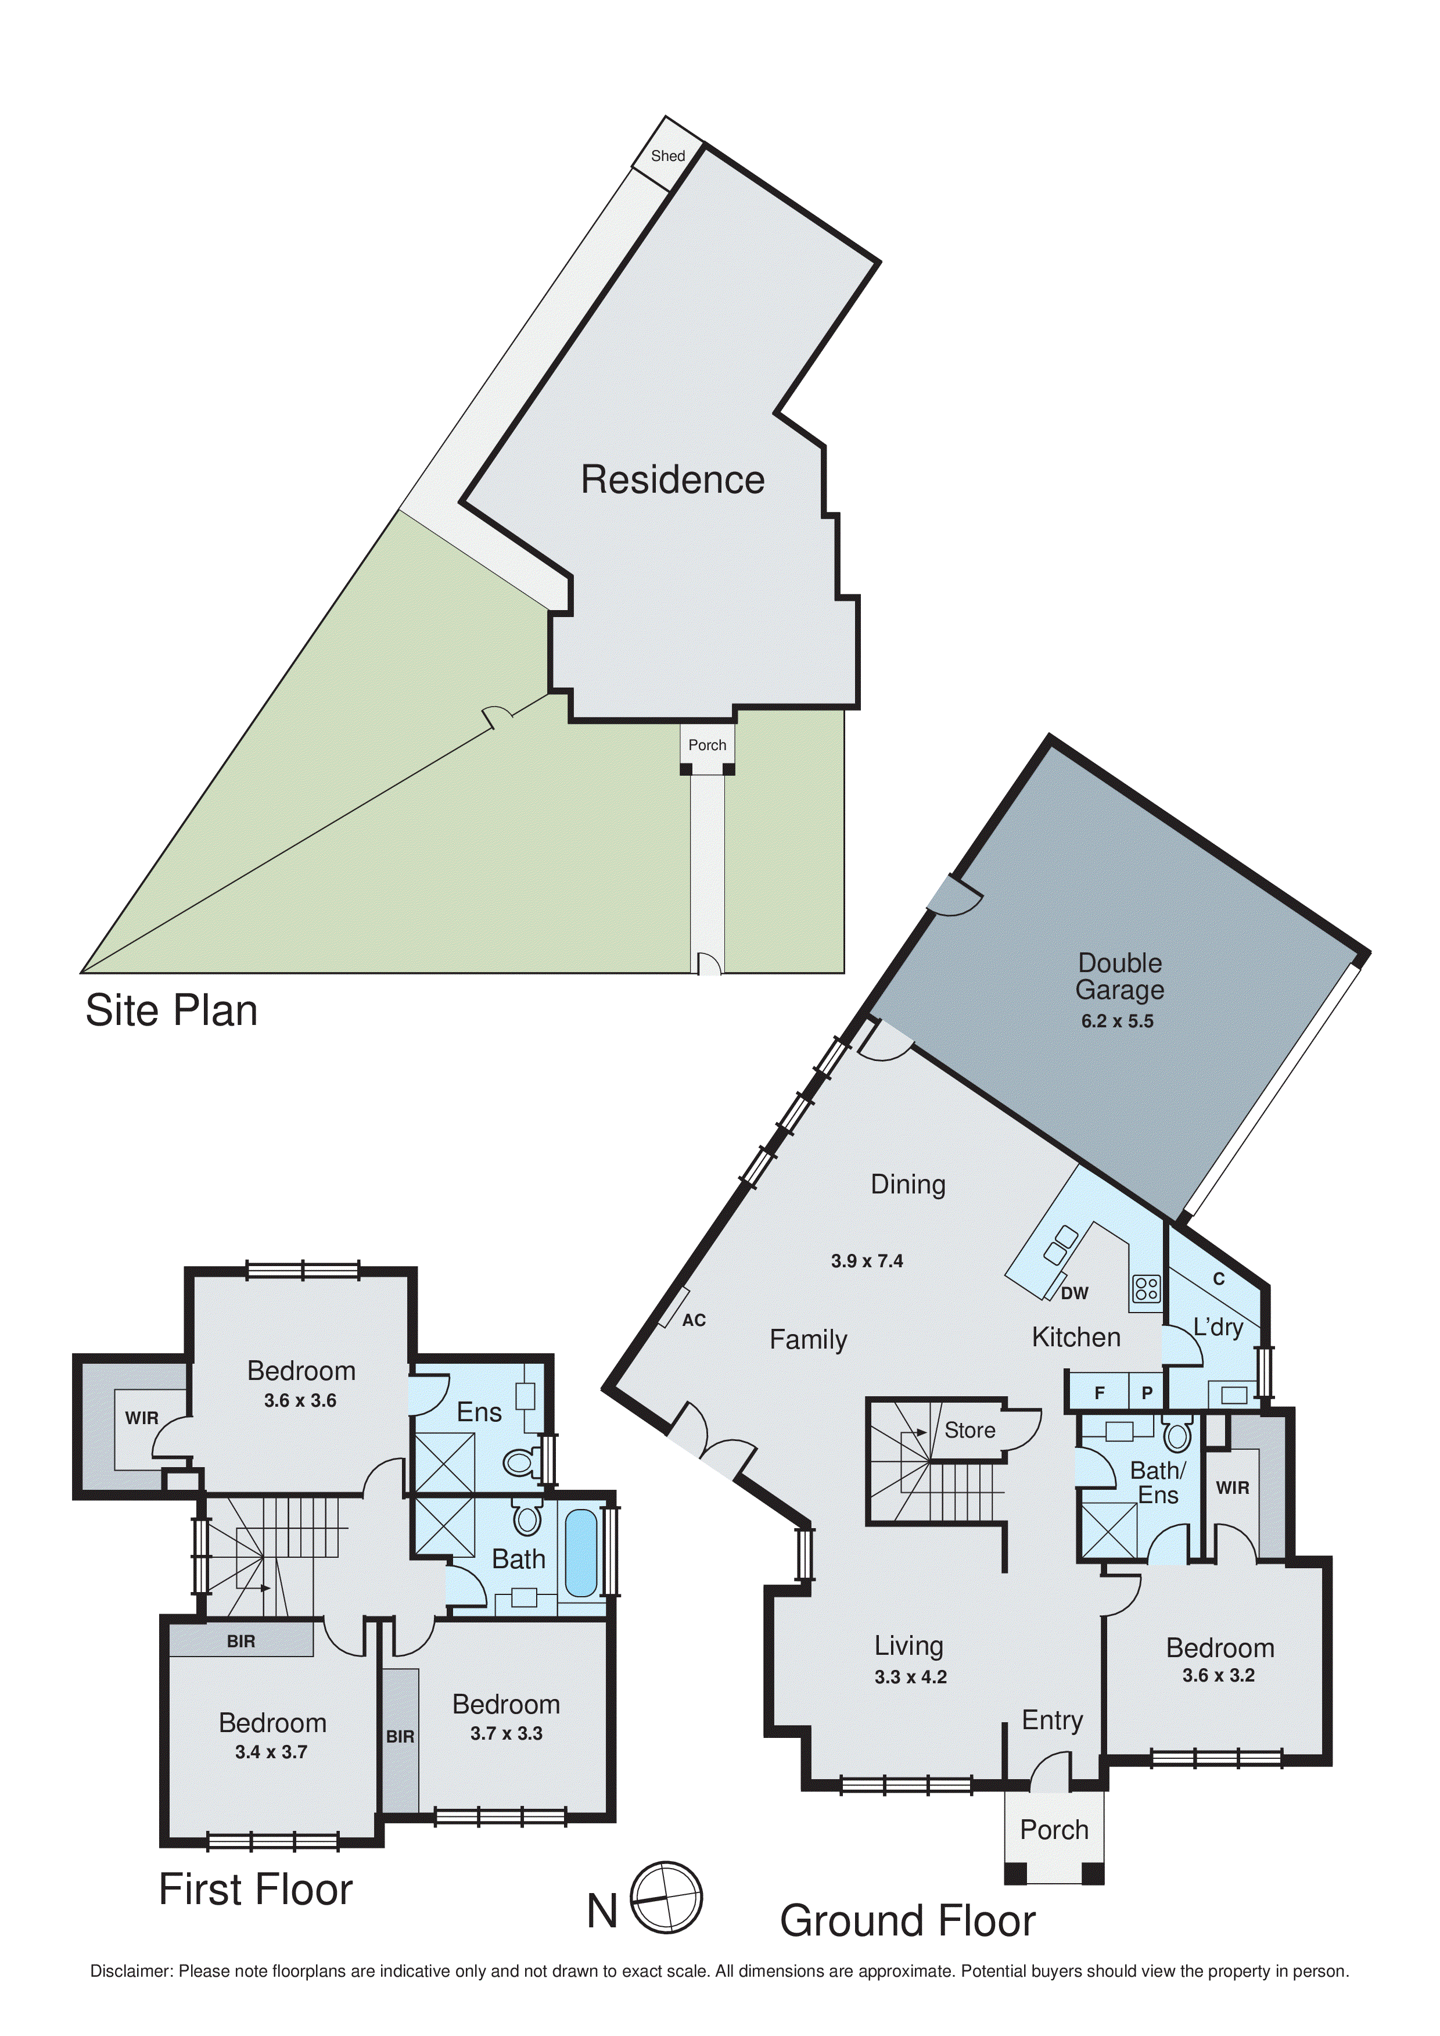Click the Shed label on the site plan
pyautogui.click(x=667, y=156)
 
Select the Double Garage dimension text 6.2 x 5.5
pyautogui.click(x=1116, y=1021)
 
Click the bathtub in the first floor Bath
pyautogui.click(x=581, y=1554)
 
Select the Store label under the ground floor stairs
pyautogui.click(x=969, y=1431)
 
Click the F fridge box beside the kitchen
pyautogui.click(x=1100, y=1393)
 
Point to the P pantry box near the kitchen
pyautogui.click(x=1147, y=1393)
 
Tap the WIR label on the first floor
pyautogui.click(x=142, y=1418)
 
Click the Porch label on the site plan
pyautogui.click(x=707, y=745)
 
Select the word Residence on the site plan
pyautogui.click(x=672, y=480)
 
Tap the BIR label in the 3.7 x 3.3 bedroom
pyautogui.click(x=400, y=1736)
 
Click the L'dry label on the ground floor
pyautogui.click(x=1218, y=1328)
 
